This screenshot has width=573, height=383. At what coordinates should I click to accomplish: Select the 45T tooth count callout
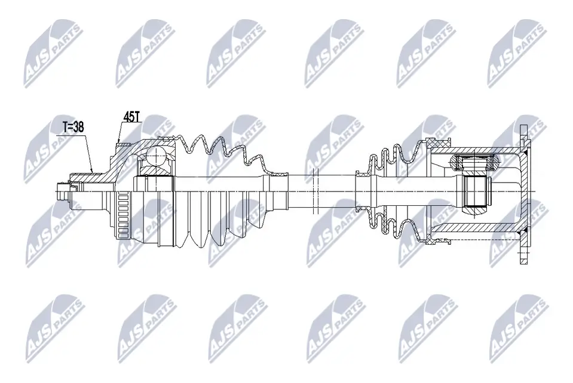pyautogui.click(x=131, y=117)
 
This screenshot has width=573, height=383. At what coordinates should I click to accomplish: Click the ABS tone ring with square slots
pyautogui.click(x=123, y=216)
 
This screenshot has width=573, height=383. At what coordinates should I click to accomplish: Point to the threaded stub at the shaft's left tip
pyautogui.click(x=60, y=193)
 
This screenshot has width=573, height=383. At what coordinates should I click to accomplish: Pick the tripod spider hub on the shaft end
pyautogui.click(x=476, y=191)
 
